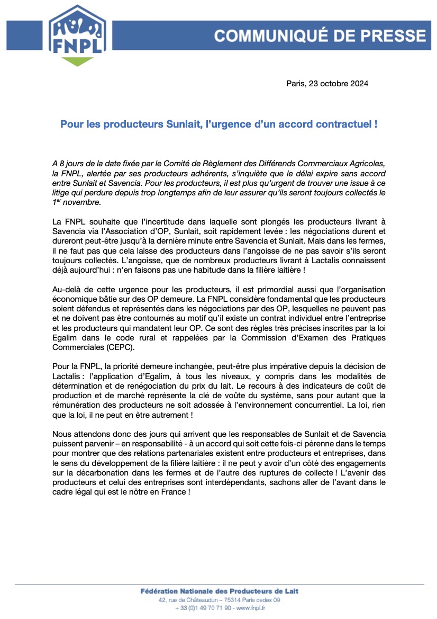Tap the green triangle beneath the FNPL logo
77,61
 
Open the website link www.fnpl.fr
250,608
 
